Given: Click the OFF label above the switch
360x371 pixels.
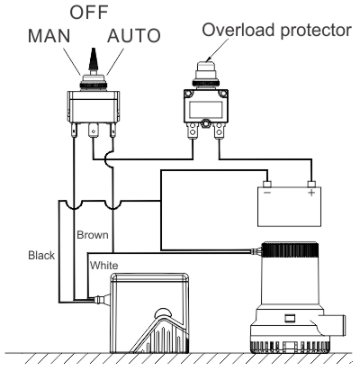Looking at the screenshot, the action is (x=89, y=12).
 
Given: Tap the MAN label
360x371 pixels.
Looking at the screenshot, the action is (x=49, y=36).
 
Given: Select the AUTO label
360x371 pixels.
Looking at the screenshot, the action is (x=134, y=36).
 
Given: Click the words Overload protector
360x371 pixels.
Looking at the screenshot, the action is (x=276, y=31).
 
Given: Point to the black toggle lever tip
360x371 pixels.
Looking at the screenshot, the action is (x=94, y=50).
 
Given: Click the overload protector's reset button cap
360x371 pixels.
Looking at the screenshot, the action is (x=206, y=66).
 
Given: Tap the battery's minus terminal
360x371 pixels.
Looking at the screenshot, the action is (x=267, y=184).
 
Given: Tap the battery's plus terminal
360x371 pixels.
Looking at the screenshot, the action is (x=311, y=184).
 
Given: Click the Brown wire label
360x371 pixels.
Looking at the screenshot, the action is (x=93, y=235).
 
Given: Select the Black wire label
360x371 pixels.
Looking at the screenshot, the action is (x=41, y=255).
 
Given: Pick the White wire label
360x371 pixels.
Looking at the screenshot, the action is (x=103, y=266).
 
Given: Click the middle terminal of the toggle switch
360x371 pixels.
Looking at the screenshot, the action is (x=94, y=131).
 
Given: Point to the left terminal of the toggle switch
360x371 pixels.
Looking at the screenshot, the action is (x=74, y=131).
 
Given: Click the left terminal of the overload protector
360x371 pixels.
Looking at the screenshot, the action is (x=193, y=131).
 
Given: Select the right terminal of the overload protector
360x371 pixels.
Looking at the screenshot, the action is (x=220, y=131).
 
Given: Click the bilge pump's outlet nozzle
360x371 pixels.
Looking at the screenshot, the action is (x=334, y=324).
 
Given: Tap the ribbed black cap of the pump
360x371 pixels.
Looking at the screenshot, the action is (x=291, y=249).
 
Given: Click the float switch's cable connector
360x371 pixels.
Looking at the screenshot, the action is (x=101, y=299).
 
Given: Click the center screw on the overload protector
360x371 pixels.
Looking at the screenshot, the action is (x=206, y=123).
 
